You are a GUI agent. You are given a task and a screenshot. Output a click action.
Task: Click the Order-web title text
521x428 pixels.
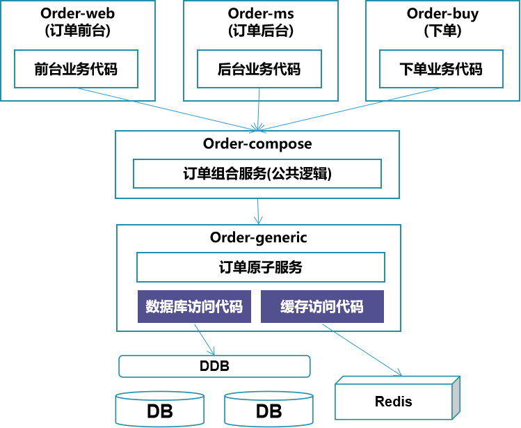(x=77, y=14)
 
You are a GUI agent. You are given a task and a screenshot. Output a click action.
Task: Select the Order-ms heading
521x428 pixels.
(x=261, y=14)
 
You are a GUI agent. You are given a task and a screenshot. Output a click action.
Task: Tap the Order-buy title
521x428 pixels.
(x=442, y=15)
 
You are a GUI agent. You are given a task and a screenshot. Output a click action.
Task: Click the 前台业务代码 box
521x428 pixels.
(x=76, y=69)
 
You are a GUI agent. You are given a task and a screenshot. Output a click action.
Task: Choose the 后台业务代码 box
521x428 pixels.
(x=259, y=69)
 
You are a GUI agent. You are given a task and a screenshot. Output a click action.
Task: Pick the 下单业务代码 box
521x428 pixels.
(x=441, y=69)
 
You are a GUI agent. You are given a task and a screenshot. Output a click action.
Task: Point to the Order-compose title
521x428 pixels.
(x=257, y=144)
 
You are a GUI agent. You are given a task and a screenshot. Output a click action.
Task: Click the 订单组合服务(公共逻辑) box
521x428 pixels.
(x=257, y=173)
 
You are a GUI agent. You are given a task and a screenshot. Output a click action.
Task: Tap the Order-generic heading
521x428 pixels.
(x=259, y=238)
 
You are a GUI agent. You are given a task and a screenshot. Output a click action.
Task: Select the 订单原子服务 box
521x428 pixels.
(x=261, y=267)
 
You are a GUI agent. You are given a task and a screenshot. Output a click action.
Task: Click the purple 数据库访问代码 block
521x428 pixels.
(x=194, y=306)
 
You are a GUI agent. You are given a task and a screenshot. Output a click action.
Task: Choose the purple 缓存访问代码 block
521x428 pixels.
(x=322, y=306)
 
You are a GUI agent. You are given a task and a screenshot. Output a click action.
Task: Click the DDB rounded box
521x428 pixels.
(x=215, y=366)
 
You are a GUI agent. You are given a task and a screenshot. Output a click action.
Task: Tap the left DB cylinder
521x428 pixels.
(x=160, y=410)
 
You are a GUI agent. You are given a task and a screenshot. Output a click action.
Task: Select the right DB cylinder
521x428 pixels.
(x=268, y=410)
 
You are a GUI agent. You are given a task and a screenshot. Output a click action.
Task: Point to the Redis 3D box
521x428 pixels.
(x=397, y=398)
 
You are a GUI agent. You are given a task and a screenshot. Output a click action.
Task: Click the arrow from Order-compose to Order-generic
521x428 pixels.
(x=258, y=212)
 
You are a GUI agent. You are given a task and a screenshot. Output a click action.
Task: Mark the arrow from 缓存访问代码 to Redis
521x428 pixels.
(x=362, y=350)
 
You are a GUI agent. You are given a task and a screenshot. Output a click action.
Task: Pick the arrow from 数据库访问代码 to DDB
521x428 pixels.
(x=205, y=340)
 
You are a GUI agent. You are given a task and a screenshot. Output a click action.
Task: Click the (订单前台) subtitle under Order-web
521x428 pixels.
(x=77, y=31)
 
